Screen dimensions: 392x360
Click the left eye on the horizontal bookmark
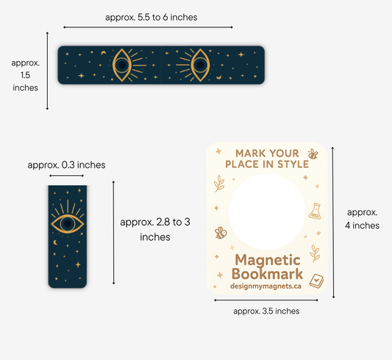pyautogui.click(x=122, y=65)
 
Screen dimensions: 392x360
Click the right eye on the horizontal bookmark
pyautogui.click(x=200, y=65)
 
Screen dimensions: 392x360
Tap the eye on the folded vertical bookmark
pyautogui.click(x=68, y=223)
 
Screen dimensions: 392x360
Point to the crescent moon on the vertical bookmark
pyautogui.click(x=55, y=242)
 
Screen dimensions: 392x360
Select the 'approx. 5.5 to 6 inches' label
pyautogui.click(x=152, y=17)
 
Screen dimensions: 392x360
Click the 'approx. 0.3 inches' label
pyautogui.click(x=66, y=165)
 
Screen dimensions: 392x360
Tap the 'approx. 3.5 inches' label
pyautogui.click(x=266, y=311)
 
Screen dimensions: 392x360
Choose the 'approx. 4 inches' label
pyautogui.click(x=363, y=219)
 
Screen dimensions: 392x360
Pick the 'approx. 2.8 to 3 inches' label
pyautogui.click(x=155, y=230)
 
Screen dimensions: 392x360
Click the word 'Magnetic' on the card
pyautogui.click(x=268, y=260)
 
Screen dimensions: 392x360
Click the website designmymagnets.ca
pyautogui.click(x=266, y=286)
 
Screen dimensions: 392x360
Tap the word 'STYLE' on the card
pyautogui.click(x=293, y=164)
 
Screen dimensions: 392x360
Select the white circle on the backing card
pyautogui.click(x=267, y=211)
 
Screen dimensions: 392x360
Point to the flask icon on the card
pyautogui.click(x=315, y=211)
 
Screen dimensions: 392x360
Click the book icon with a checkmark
pyautogui.click(x=316, y=280)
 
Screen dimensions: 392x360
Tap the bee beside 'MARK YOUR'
pyautogui.click(x=313, y=154)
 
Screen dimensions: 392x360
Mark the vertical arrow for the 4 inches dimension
pyautogui.click(x=333, y=222)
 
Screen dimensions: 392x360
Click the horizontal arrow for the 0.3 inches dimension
pyautogui.click(x=66, y=176)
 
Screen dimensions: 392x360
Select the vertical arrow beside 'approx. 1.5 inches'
pyautogui.click(x=47, y=71)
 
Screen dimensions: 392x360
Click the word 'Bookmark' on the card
pyautogui.click(x=267, y=274)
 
